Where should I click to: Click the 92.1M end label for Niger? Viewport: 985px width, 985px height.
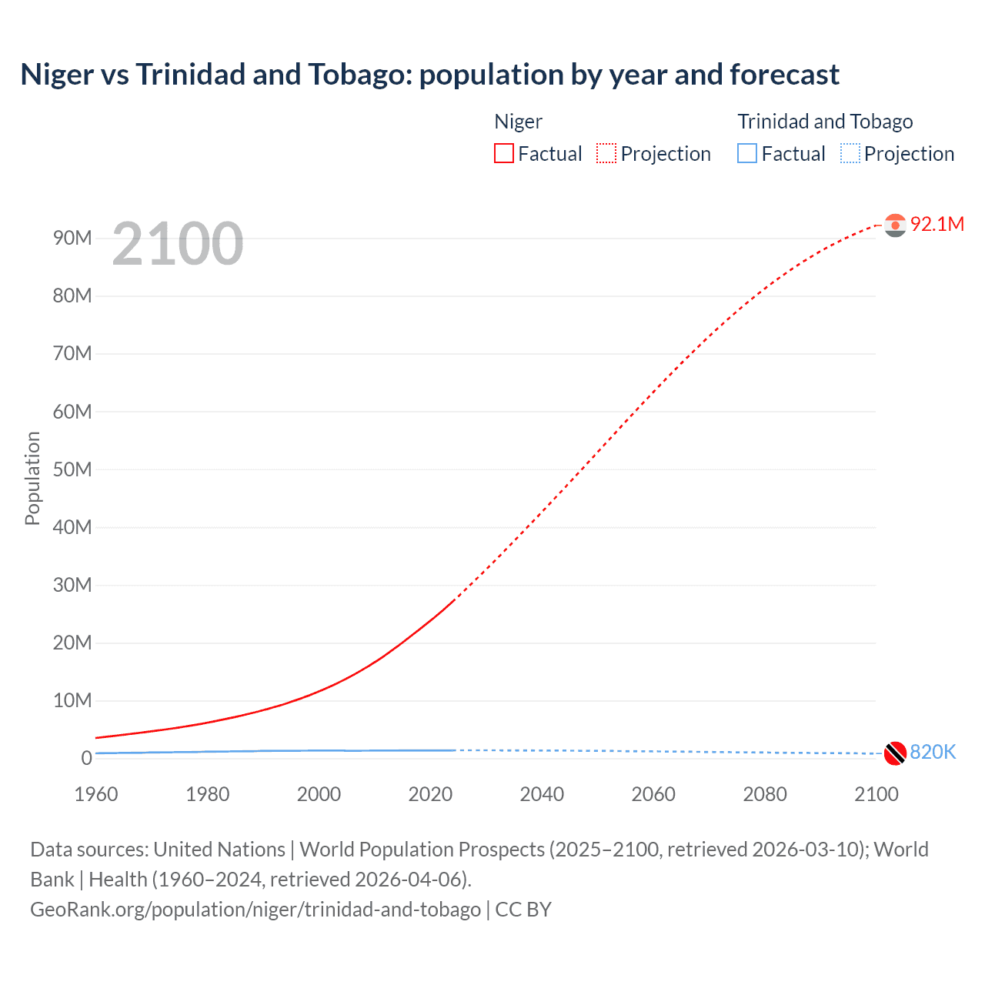click(937, 224)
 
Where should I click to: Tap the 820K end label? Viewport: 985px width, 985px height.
click(933, 752)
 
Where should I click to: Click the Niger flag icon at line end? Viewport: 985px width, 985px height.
click(895, 225)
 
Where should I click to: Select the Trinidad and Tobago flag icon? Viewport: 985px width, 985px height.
click(895, 753)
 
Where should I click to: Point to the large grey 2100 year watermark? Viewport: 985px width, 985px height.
click(178, 244)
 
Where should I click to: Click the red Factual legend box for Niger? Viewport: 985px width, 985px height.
click(504, 153)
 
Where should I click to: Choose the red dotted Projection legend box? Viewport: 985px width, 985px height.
click(606, 153)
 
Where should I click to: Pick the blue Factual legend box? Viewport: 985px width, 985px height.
click(747, 153)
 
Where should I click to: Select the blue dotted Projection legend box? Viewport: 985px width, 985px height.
click(850, 153)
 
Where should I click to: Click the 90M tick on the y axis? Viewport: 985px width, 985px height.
click(72, 238)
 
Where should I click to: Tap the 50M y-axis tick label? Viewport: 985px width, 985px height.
click(72, 469)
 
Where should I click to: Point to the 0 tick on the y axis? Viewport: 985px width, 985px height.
click(86, 758)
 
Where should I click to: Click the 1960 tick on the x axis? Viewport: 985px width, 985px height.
click(96, 794)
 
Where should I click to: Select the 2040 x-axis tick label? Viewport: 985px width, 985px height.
click(542, 794)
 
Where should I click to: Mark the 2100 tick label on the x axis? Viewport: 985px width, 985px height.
click(876, 794)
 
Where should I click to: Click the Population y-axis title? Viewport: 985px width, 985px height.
click(32, 478)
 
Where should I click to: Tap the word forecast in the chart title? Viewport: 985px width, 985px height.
click(784, 75)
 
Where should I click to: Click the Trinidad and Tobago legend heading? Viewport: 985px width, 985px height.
click(825, 122)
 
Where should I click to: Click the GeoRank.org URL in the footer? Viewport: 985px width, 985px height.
click(255, 909)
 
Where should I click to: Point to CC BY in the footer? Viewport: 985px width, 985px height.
click(523, 909)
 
